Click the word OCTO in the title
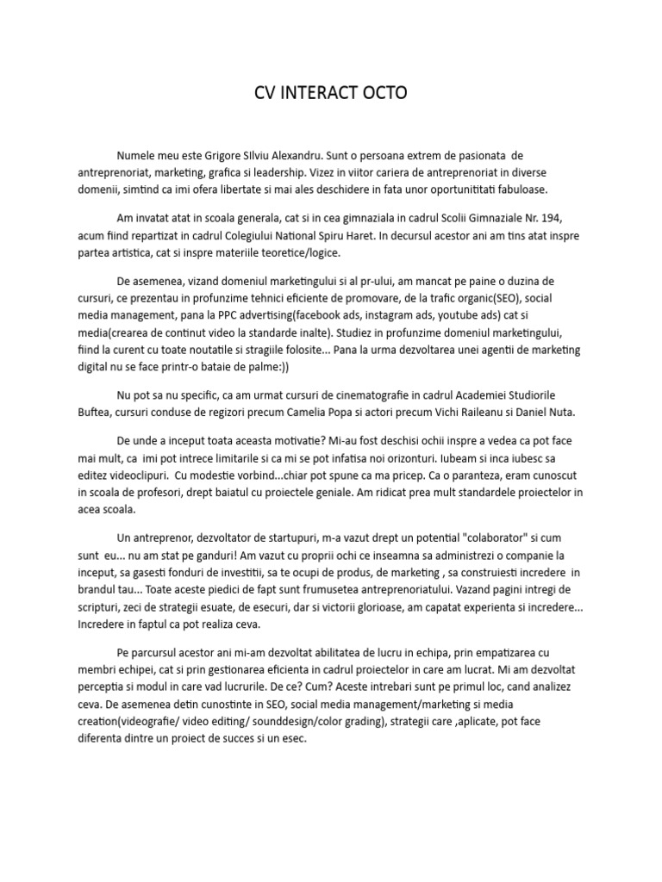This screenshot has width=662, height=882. [384, 92]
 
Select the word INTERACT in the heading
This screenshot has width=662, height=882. [318, 92]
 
